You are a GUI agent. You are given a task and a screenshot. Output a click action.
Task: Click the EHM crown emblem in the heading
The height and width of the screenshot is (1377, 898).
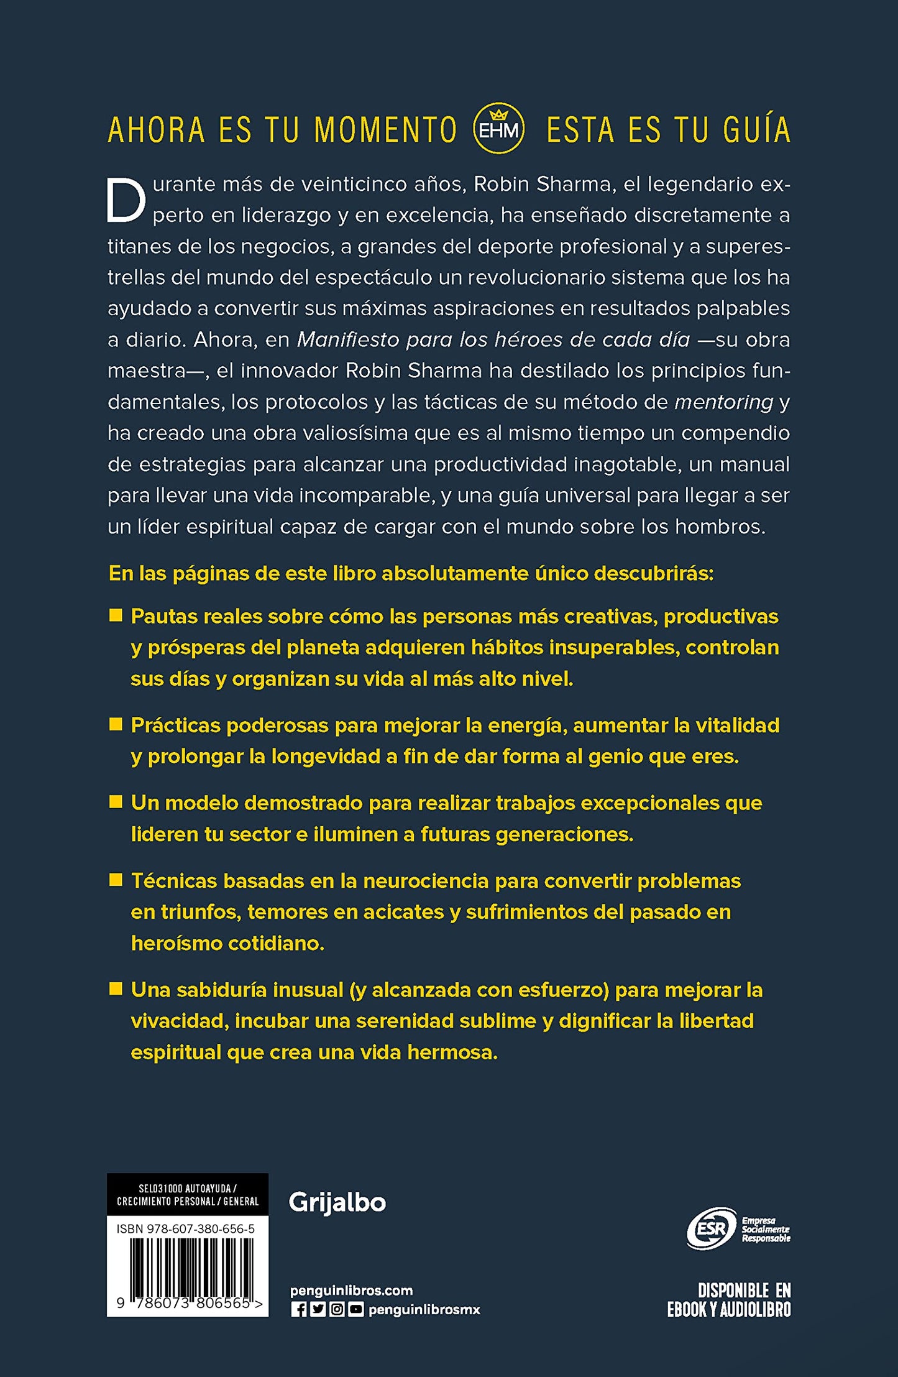[x=498, y=128]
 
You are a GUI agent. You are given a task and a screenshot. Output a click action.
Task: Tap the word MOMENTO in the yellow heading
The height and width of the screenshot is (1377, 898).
[x=385, y=130]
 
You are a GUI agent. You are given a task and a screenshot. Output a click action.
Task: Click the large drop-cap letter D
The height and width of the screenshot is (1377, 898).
[x=126, y=200]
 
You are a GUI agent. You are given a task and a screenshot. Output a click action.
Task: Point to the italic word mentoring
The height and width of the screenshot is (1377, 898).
[x=723, y=402]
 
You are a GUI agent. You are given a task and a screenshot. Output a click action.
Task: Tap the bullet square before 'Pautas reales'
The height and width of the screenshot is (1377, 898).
[x=116, y=615]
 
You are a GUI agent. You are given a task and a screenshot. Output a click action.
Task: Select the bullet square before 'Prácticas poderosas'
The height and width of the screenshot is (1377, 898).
[x=116, y=724]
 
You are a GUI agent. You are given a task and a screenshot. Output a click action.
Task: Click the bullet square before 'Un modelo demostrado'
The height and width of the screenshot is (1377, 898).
[x=116, y=802]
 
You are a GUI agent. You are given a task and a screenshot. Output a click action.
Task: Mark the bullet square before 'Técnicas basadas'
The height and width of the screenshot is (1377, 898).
[x=116, y=880]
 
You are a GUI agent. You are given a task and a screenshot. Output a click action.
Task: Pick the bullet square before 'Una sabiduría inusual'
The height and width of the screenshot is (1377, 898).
[x=116, y=988]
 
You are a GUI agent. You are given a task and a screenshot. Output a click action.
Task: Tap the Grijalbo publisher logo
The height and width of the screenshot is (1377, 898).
[x=337, y=1203]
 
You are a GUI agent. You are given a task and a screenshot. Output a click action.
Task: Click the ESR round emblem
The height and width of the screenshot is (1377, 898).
[x=711, y=1229]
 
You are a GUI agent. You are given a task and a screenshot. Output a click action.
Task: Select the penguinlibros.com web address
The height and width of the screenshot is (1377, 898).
[x=351, y=1291]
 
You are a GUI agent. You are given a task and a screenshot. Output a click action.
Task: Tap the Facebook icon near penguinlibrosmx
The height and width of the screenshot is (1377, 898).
[x=299, y=1310]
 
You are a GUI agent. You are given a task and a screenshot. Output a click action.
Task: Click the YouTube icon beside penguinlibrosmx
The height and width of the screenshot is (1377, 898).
[x=355, y=1310]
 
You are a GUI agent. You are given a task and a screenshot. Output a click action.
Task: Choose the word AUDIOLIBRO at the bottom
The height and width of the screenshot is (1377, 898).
[x=755, y=1310]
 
